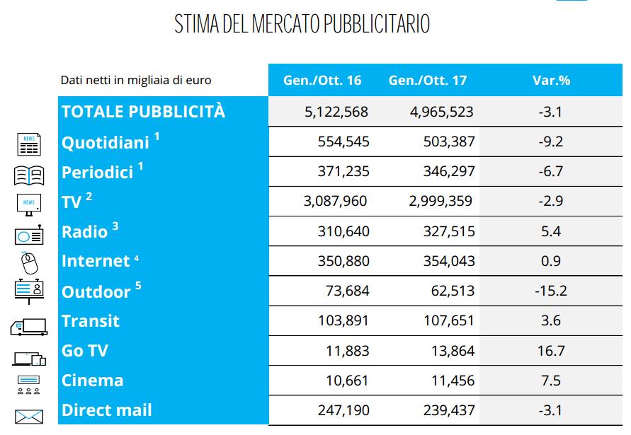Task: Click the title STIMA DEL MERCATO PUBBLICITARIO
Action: pyautogui.click(x=302, y=24)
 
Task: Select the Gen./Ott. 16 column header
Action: pyautogui.click(x=322, y=80)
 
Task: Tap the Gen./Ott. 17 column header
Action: pyautogui.click(x=428, y=80)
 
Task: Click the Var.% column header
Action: pyautogui.click(x=551, y=80)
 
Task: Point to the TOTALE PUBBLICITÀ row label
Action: pyautogui.click(x=143, y=111)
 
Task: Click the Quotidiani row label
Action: pyautogui.click(x=106, y=142)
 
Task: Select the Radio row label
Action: pyautogui.click(x=85, y=231)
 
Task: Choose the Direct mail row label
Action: pyautogui.click(x=106, y=410)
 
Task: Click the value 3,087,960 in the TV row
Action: pyautogui.click(x=336, y=202)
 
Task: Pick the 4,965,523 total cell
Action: pyautogui.click(x=441, y=112)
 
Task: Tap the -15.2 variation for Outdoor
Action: pyautogui.click(x=551, y=291)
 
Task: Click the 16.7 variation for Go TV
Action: pyautogui.click(x=551, y=350)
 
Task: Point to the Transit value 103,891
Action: pyautogui.click(x=343, y=320)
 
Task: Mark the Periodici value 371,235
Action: pyautogui.click(x=343, y=172)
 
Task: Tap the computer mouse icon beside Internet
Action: pyautogui.click(x=29, y=263)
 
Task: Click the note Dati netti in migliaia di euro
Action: pyautogui.click(x=135, y=81)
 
